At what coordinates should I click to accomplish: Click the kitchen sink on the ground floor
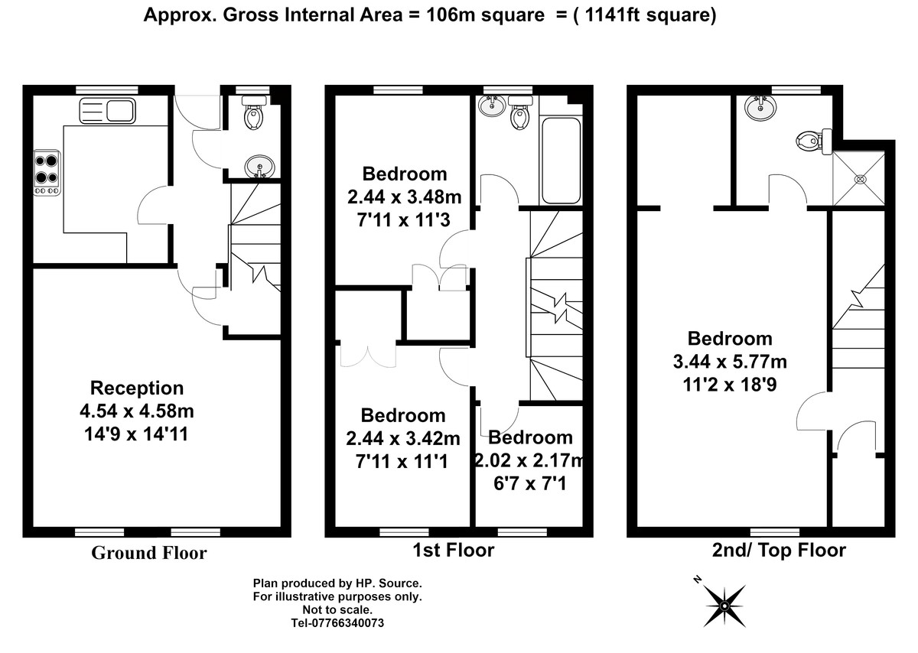coord(107,111)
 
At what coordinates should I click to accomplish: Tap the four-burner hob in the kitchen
coord(47,173)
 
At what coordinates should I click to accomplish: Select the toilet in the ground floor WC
coord(254,112)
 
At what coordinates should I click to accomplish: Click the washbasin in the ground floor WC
coord(259,167)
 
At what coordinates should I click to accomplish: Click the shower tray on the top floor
coord(858,178)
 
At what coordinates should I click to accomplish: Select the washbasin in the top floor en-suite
coord(760,107)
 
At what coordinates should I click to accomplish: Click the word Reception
coord(137,388)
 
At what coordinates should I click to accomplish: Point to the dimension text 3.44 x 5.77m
coord(730,362)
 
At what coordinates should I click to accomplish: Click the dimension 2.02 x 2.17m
coord(529,460)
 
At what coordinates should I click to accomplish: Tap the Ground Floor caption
coord(149,553)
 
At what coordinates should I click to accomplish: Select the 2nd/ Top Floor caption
coord(779,551)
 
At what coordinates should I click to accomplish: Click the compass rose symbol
coord(724,606)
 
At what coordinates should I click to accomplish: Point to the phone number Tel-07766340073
coord(337,623)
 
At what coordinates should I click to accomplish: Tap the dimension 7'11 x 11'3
coord(404,220)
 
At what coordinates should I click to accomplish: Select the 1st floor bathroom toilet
coord(520,112)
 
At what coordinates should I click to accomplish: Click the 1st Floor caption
coord(453,551)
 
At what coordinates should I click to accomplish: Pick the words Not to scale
coord(337,610)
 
